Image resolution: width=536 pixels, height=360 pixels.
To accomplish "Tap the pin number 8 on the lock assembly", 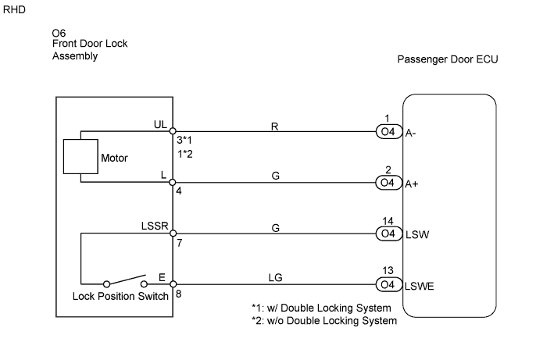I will [x=180, y=295].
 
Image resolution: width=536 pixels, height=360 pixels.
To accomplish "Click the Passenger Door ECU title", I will [x=448, y=60].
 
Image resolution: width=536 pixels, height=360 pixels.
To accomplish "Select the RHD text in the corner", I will [x=15, y=10].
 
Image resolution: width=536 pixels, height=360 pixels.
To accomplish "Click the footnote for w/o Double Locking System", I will [x=323, y=320].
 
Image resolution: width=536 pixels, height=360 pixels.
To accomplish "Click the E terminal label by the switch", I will [x=163, y=276].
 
